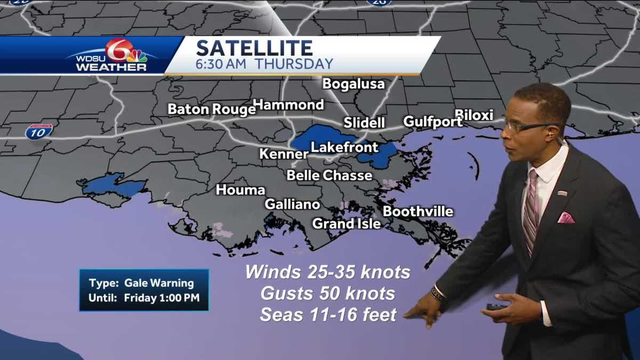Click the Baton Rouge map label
tap(212, 109)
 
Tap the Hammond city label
tap(288, 105)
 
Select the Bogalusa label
tap(346, 84)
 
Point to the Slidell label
tap(364, 123)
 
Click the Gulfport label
tap(433, 122)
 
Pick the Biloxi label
tap(474, 115)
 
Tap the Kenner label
tap(284, 154)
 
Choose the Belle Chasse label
tap(330, 175)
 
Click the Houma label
tap(241, 190)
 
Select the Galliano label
tap(292, 204)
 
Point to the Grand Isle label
tap(347, 223)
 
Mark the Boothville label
tap(418, 212)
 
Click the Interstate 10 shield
tap(39, 132)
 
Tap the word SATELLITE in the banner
tap(254, 49)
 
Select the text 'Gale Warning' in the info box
tap(159, 283)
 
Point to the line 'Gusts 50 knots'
tap(328, 293)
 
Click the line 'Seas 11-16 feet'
tap(328, 315)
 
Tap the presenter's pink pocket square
tap(565, 218)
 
